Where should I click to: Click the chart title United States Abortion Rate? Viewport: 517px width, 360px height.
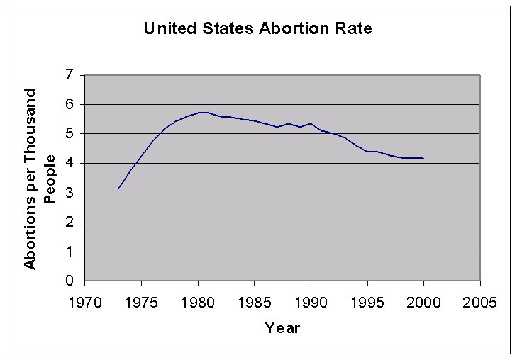(x=257, y=29)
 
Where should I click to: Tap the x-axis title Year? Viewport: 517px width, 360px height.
(x=282, y=327)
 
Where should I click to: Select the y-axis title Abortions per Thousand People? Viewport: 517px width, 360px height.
(x=39, y=178)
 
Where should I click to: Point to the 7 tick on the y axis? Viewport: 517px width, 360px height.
(x=70, y=75)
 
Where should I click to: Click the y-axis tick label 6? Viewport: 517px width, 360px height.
(x=70, y=104)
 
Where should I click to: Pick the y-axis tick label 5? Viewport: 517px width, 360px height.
(x=70, y=134)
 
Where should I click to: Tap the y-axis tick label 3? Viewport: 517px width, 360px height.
(x=70, y=193)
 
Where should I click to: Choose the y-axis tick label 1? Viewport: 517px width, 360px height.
(x=70, y=252)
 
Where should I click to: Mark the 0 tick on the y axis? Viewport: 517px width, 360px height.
(x=70, y=281)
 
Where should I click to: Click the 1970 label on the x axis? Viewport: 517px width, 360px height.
(x=85, y=303)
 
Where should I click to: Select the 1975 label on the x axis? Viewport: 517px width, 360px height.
(x=141, y=303)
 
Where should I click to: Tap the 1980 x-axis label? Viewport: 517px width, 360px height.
(x=198, y=303)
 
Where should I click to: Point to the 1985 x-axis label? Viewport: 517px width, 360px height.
(x=254, y=303)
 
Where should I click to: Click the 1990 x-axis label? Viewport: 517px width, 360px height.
(x=311, y=303)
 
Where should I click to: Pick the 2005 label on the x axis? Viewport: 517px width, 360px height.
(x=479, y=303)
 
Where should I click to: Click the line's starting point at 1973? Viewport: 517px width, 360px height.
(x=118, y=188)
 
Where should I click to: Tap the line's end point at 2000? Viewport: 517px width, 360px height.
(x=423, y=158)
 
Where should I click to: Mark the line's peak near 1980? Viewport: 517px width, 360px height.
(x=201, y=112)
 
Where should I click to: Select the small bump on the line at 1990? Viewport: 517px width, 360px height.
(x=311, y=123)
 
